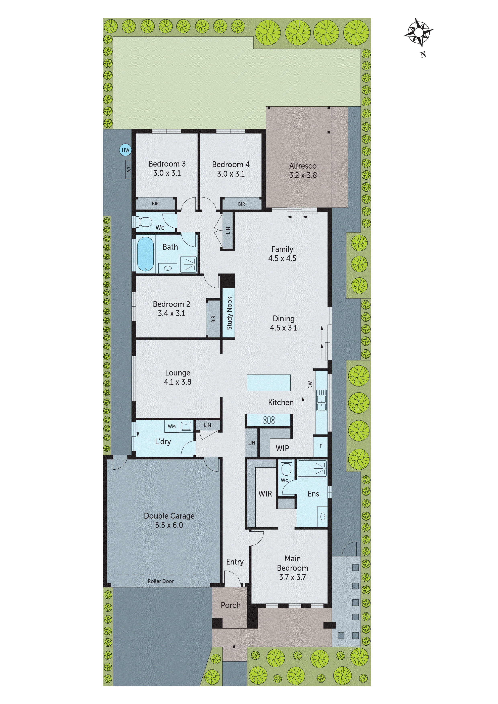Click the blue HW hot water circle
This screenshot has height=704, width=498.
[x=125, y=150]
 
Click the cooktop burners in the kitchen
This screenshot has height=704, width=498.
[x=269, y=419]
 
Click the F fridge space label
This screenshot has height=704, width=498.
[x=321, y=446]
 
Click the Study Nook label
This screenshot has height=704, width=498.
[x=229, y=313]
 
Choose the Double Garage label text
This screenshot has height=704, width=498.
[x=169, y=516]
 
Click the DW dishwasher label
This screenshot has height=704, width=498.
[x=310, y=385]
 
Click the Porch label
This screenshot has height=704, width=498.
[x=231, y=605]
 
